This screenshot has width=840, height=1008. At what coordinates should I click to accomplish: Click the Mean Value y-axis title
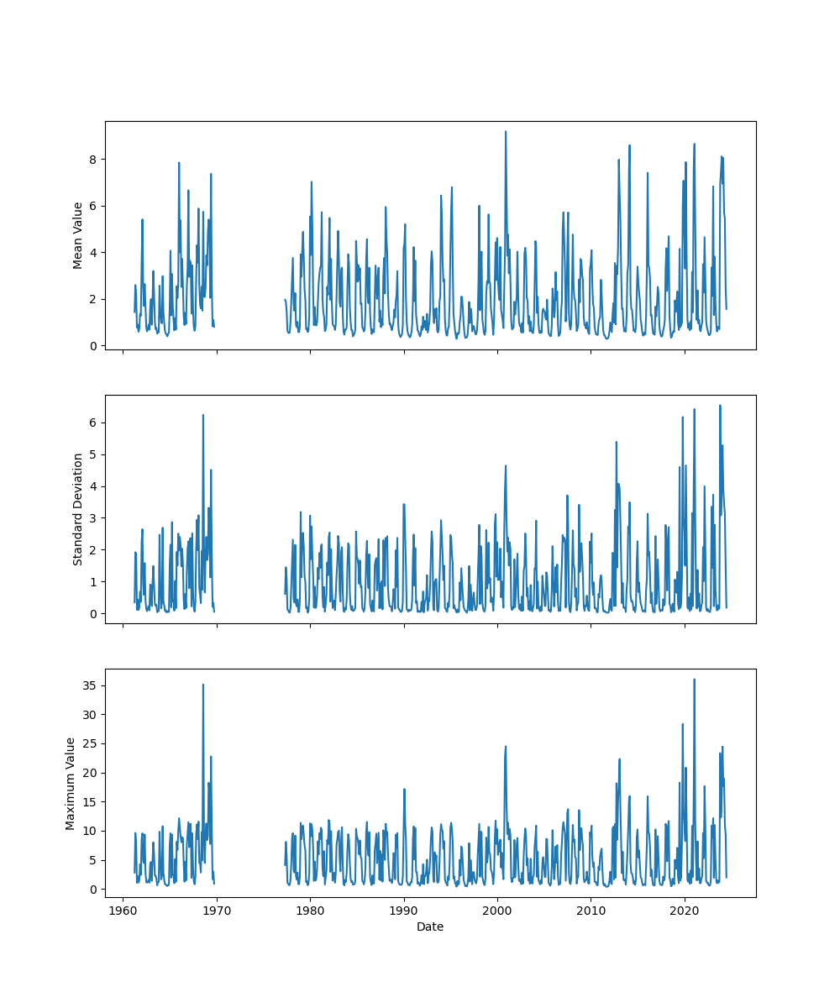(78, 235)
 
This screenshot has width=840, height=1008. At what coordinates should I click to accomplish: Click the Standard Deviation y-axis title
(78, 509)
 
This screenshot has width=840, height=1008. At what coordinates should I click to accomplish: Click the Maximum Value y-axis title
(71, 783)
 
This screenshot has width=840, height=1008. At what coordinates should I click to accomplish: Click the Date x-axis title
(430, 927)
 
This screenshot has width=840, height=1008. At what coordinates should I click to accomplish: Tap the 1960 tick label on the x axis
(123, 911)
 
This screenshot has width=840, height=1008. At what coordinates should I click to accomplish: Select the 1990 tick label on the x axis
(404, 911)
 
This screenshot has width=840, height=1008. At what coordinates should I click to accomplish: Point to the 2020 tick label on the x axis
(685, 911)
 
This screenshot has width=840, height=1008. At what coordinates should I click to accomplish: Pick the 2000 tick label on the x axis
(497, 911)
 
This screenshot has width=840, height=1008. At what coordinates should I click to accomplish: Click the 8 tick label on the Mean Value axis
(94, 160)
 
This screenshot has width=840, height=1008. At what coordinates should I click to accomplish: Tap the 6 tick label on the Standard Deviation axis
(94, 423)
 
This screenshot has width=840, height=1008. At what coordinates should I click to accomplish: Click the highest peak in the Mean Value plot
(506, 131)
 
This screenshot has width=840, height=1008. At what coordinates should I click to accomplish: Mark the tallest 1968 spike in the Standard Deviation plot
(202, 415)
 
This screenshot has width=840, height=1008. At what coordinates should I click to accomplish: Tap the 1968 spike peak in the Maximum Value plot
(202, 685)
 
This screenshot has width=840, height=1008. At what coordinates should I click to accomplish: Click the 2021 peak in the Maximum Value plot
(694, 680)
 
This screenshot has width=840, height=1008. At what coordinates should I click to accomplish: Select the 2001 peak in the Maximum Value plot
(506, 746)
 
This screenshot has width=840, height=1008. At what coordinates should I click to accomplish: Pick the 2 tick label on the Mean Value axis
(94, 299)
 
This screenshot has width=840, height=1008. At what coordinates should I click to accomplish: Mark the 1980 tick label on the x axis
(311, 911)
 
